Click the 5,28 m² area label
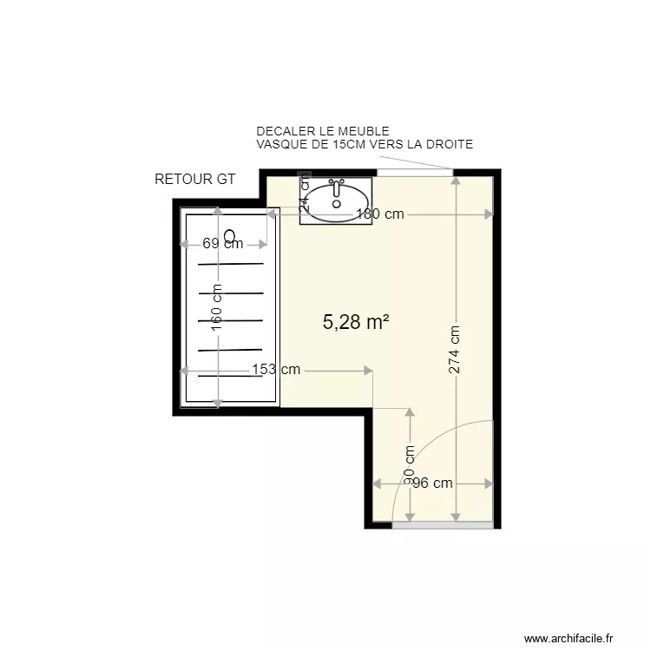tap(355, 323)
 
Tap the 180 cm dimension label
tap(379, 214)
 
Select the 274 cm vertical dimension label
tap(455, 350)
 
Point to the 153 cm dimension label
tap(276, 370)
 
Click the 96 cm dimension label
tap(431, 483)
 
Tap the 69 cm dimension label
tap(222, 244)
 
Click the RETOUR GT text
tap(195, 180)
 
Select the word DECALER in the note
tap(283, 131)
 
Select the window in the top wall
tap(413, 173)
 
